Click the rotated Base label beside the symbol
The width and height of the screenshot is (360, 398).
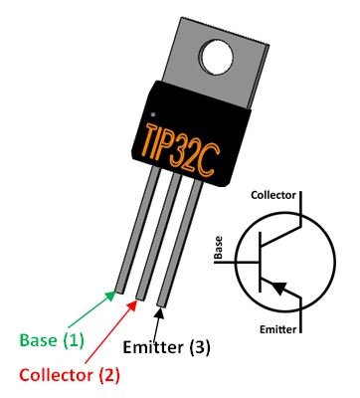pyautogui.click(x=217, y=250)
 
